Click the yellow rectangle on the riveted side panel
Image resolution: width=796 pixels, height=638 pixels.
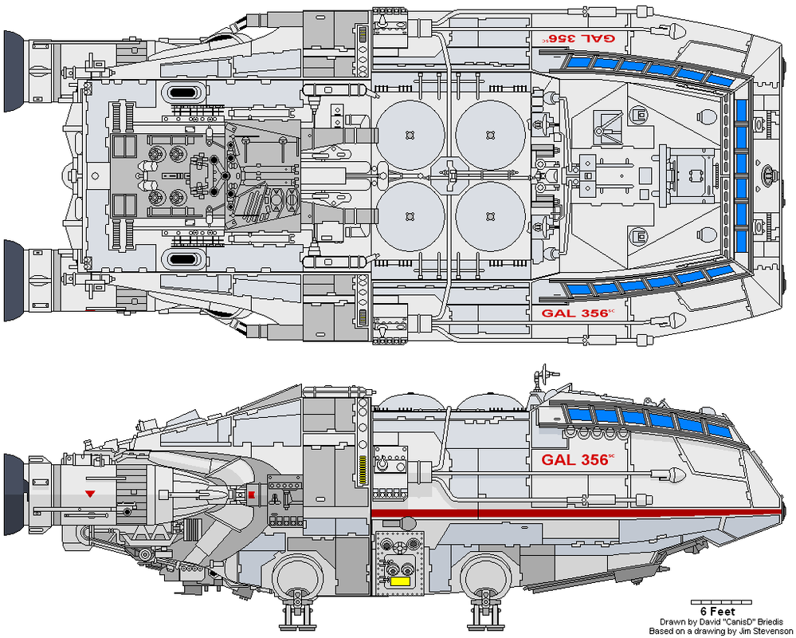pyautogui.click(x=399, y=581)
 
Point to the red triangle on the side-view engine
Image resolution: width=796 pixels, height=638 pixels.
pyautogui.click(x=90, y=494)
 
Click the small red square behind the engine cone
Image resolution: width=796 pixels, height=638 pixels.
pyautogui.click(x=252, y=495)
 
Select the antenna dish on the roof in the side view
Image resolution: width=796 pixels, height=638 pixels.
pyautogui.click(x=545, y=372)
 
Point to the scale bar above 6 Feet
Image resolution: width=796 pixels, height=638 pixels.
pyautogui.click(x=718, y=601)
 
